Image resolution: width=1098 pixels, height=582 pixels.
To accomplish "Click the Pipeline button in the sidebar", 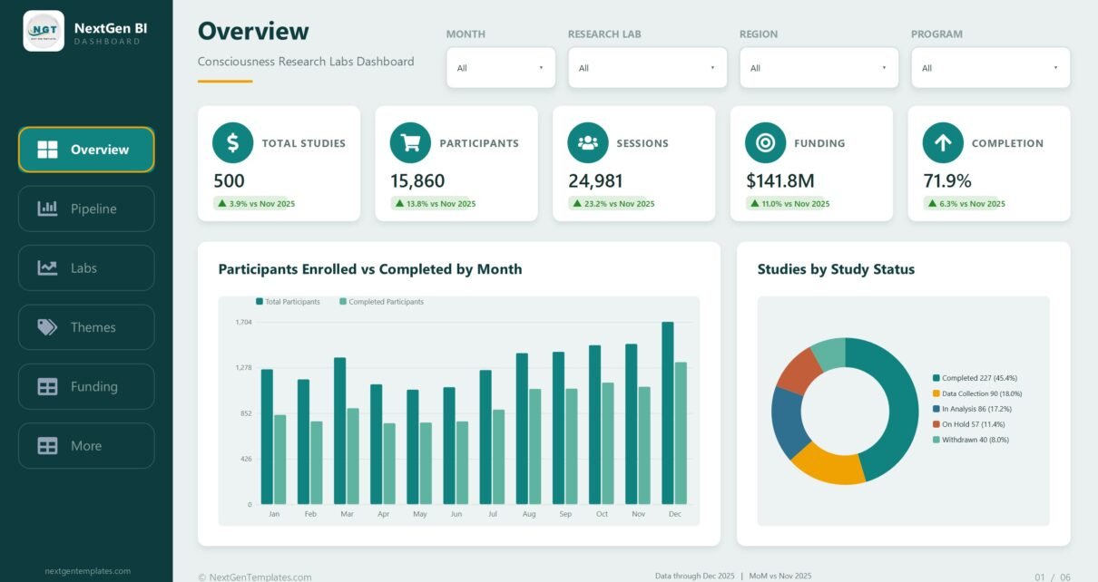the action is [86, 209].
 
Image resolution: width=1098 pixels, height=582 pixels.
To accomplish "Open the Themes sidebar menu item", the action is [86, 327].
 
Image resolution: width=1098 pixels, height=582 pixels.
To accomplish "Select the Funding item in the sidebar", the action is [86, 386].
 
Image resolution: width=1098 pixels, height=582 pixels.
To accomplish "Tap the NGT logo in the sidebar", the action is [44, 31].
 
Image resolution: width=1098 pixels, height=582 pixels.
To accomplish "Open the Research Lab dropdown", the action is [647, 68].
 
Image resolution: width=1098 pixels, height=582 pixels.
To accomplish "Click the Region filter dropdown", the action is [819, 68].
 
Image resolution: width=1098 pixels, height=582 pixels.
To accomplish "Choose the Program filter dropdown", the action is [990, 68].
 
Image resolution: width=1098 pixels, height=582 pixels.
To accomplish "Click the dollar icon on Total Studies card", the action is [233, 142].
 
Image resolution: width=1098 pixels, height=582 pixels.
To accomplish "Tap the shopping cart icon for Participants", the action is [410, 142].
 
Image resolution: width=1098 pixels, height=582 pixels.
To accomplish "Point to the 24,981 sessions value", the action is [595, 180].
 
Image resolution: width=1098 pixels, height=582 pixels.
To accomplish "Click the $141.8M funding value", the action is [779, 180].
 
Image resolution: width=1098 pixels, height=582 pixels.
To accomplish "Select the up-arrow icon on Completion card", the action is [943, 142].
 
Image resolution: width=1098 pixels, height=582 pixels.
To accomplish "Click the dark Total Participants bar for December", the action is [668, 413].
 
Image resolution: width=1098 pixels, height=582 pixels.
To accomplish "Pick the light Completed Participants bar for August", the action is [534, 447].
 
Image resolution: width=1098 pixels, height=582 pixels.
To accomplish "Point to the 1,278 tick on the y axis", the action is [243, 367].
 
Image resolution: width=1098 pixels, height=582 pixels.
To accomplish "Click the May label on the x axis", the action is [419, 514].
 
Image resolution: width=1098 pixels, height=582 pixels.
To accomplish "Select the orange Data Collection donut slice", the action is [828, 463].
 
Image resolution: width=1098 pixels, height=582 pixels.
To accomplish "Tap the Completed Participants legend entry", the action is [381, 302].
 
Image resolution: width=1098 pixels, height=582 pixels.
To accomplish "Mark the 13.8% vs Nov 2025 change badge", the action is [436, 203].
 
